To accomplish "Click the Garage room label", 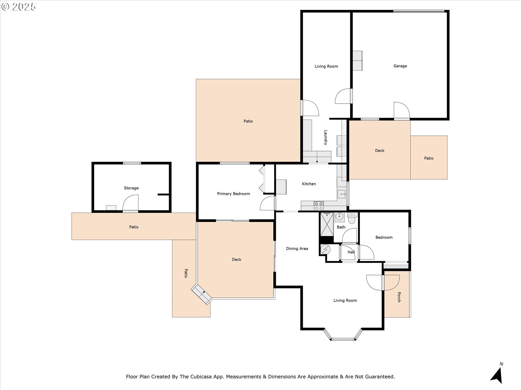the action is pyautogui.click(x=400, y=66).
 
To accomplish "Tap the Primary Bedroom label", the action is pyautogui.click(x=233, y=194).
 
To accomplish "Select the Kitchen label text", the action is pyautogui.click(x=309, y=184).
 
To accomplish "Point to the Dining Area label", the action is pyautogui.click(x=297, y=249).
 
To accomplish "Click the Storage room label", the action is pyautogui.click(x=131, y=188).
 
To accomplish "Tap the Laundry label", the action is pyautogui.click(x=326, y=138).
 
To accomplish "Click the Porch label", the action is pyautogui.click(x=399, y=297).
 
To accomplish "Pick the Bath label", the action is pyautogui.click(x=341, y=227).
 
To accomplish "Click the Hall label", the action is pyautogui.click(x=351, y=252).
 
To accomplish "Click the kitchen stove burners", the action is pyautogui.click(x=319, y=206).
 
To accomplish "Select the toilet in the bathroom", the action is pyautogui.click(x=351, y=218).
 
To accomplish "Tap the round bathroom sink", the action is pyautogui.click(x=339, y=217).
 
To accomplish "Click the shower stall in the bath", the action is pyautogui.click(x=327, y=225).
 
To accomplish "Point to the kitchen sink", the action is pyautogui.click(x=342, y=194).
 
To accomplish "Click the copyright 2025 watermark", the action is pyautogui.click(x=18, y=7).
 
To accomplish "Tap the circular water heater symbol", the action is pyautogui.click(x=325, y=249).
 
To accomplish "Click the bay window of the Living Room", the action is pyautogui.click(x=343, y=335).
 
